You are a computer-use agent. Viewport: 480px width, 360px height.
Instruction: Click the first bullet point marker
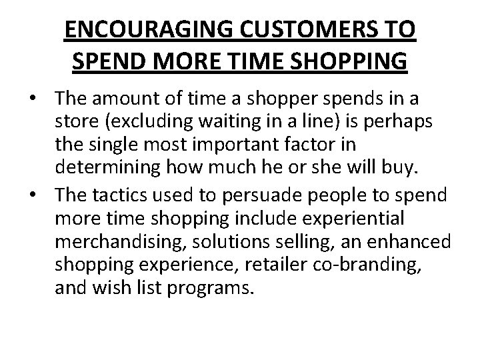coord(41,99)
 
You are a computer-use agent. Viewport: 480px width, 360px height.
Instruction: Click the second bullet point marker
coord(41,193)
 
